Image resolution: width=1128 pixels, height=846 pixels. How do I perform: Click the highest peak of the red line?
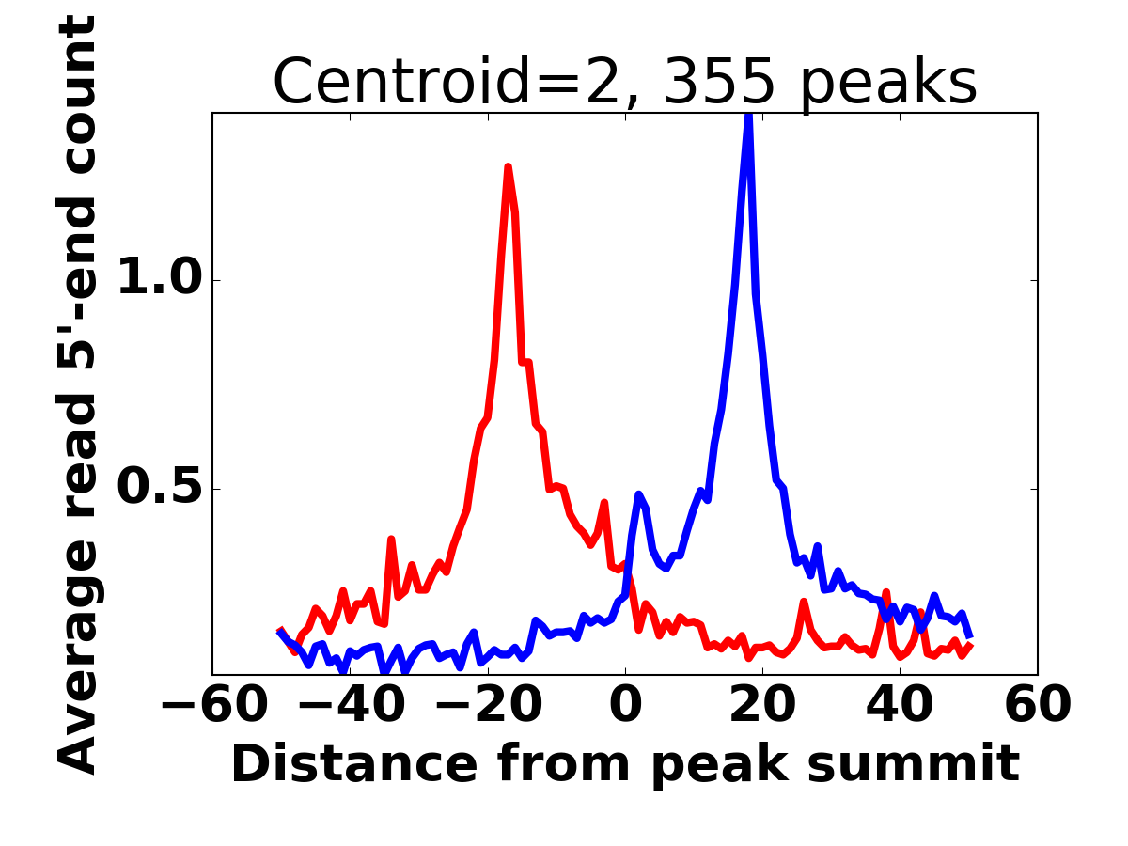(508, 167)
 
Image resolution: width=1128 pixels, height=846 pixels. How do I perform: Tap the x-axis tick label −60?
(211, 705)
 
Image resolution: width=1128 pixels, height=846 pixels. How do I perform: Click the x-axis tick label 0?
(625, 705)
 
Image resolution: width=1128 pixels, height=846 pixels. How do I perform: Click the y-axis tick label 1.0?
(159, 280)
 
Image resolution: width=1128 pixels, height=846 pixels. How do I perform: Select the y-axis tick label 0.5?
(159, 489)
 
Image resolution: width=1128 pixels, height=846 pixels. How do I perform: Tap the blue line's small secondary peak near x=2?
(638, 493)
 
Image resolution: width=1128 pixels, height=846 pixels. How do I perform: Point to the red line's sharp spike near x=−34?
(391, 540)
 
